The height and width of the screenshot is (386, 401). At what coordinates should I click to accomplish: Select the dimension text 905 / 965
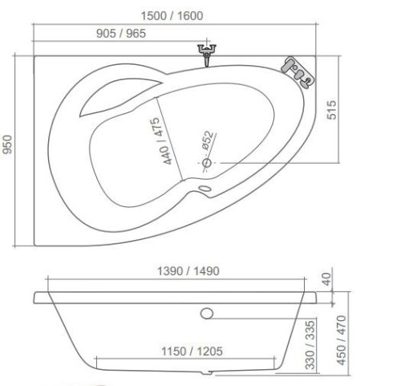(x=123, y=34)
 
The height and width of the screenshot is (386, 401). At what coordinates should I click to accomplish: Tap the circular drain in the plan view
(x=207, y=164)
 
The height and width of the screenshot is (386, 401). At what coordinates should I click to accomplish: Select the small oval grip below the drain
(x=204, y=190)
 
